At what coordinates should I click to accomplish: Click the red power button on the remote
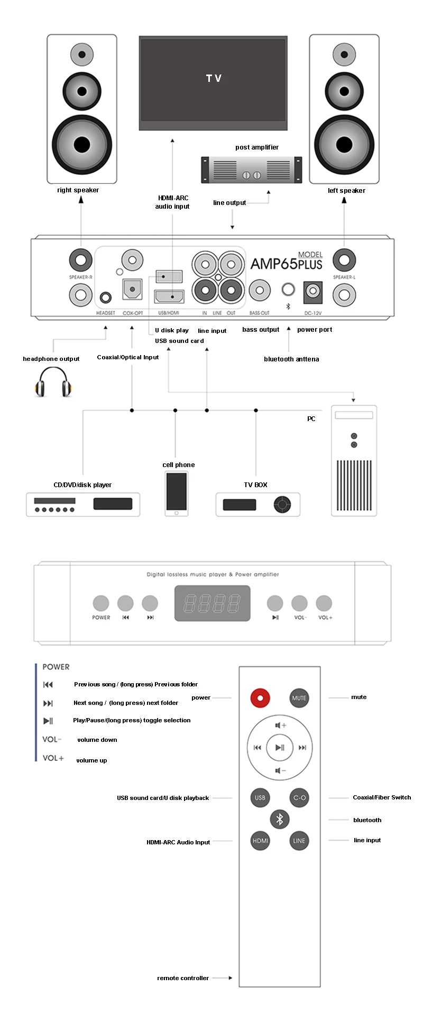click(260, 698)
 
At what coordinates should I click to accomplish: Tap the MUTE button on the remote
click(299, 698)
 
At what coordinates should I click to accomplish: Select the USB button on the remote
click(260, 797)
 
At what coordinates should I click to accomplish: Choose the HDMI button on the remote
click(261, 841)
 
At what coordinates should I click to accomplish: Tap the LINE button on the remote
click(299, 841)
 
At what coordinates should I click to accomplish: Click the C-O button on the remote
click(299, 797)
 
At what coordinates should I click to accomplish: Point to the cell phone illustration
click(177, 494)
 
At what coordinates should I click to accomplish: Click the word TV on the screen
click(214, 78)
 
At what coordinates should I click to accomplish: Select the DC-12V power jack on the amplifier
click(313, 291)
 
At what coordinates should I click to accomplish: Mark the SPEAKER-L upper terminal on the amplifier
click(344, 260)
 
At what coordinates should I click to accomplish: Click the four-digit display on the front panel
click(213, 603)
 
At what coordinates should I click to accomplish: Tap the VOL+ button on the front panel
click(324, 603)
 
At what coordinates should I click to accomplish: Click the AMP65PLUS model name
click(286, 263)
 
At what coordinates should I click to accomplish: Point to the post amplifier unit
click(252, 170)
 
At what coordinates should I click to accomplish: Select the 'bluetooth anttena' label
click(291, 359)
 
